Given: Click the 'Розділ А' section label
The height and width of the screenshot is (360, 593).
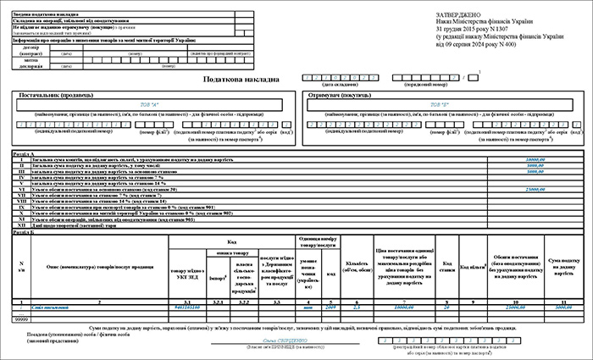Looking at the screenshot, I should pos(21,153).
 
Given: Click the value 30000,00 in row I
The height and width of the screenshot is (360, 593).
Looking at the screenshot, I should pos(535,159).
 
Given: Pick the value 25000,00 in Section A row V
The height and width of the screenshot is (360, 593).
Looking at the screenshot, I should pos(535,187).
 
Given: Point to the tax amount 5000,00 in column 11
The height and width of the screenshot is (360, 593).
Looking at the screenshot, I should pos(563,307).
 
